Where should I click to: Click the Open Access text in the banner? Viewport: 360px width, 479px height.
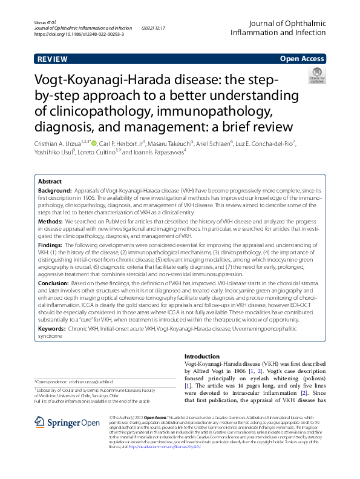coord(303,59)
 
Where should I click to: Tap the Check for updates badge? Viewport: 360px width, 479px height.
coord(316,75)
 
